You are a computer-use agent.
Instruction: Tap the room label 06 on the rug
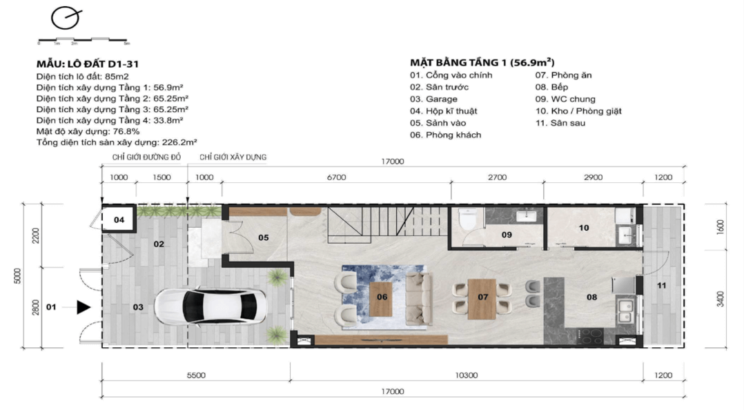[382, 297]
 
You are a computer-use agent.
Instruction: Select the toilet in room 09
[467, 220]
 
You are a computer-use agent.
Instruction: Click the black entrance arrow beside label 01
[84, 307]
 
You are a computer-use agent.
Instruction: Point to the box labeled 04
[119, 220]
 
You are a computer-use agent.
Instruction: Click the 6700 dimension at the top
[336, 177]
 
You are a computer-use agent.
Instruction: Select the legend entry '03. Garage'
[433, 99]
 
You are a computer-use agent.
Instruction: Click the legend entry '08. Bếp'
[551, 87]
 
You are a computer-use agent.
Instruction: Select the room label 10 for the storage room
[584, 227]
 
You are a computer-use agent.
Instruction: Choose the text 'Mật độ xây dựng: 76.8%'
[88, 131]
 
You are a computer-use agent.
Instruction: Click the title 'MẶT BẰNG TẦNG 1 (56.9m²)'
[482, 62]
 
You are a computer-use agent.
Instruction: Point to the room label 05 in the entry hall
[263, 237]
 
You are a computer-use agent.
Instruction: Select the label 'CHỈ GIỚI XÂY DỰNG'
[233, 157]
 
